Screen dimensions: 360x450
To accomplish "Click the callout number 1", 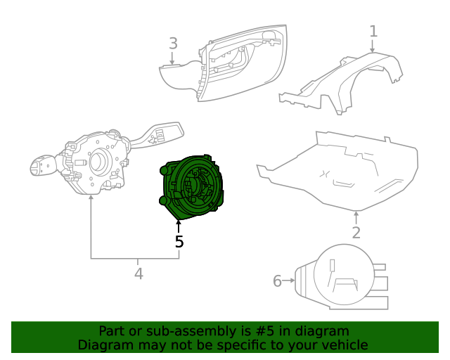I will (x=373, y=31).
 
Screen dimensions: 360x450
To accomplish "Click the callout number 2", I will (x=356, y=233).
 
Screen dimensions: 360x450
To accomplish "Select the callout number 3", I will (x=173, y=44).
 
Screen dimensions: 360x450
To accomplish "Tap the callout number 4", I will (x=139, y=274).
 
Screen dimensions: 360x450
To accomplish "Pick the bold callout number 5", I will (x=179, y=242).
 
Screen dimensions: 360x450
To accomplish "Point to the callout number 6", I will (x=277, y=281).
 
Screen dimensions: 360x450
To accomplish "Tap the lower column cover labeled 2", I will (x=337, y=172).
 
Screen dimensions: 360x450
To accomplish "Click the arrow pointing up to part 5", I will (x=179, y=226).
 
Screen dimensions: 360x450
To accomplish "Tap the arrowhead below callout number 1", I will (x=373, y=50).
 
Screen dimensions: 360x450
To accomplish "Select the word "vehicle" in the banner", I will (x=344, y=345).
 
